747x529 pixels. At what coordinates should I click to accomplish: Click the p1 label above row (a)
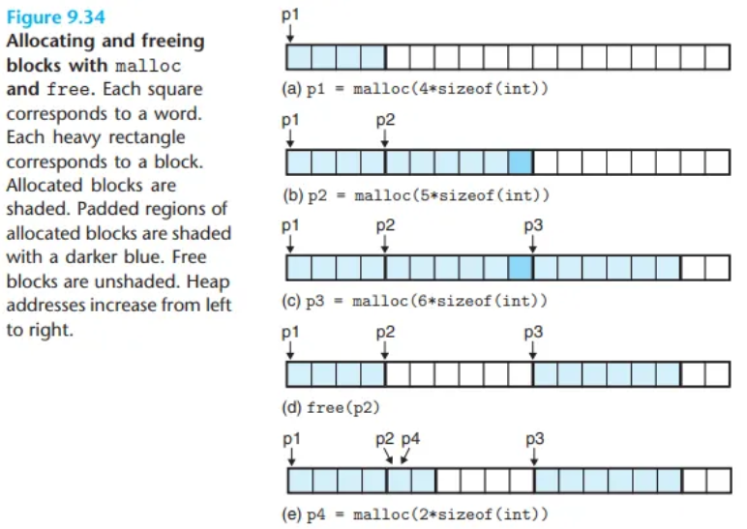pos(290,15)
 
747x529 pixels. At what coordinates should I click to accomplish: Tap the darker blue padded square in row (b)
pos(521,162)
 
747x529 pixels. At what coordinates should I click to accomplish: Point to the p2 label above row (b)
pos(385,121)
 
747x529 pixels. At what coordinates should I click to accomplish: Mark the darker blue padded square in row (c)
pos(521,266)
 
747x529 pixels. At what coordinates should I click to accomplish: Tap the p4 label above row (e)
pos(411,438)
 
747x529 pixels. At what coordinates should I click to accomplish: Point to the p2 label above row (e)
pos(385,438)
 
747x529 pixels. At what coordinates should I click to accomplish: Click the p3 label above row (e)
pos(533,438)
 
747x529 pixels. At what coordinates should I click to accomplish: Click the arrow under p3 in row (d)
pos(533,350)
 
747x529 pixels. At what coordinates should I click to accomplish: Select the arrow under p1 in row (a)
pos(290,33)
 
